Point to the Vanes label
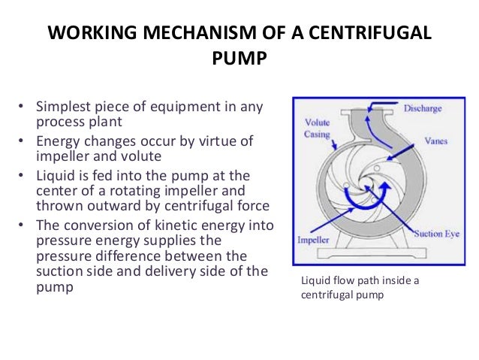pyautogui.click(x=417, y=139)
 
